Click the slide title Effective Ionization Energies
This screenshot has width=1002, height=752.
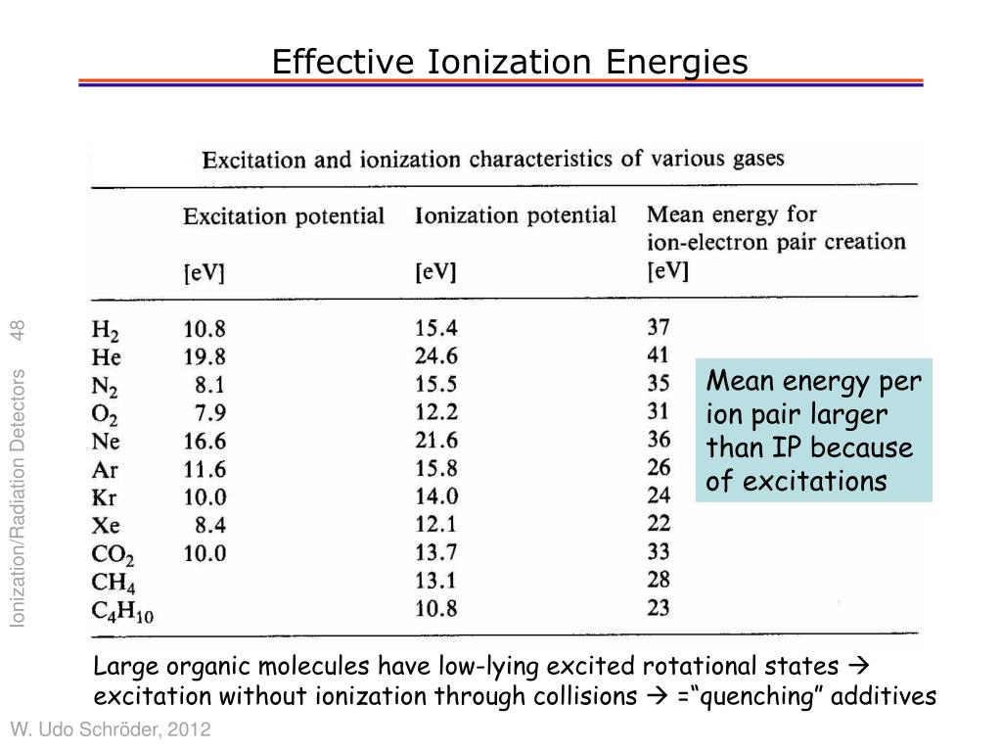tap(509, 62)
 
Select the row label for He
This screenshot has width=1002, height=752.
tap(106, 356)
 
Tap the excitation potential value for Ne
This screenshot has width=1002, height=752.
tap(205, 442)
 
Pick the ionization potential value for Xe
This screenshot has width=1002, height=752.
tap(435, 525)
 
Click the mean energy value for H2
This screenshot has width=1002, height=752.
tap(659, 327)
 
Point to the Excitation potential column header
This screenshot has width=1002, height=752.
tap(284, 216)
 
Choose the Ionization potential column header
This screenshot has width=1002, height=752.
tap(516, 215)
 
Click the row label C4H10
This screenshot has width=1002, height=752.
tap(122, 611)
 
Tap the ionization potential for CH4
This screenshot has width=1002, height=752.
tap(435, 581)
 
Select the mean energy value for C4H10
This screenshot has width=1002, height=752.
tap(659, 607)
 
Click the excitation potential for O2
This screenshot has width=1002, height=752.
tap(210, 413)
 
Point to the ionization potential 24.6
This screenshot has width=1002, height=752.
tap(435, 355)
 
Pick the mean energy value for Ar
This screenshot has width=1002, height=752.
tap(659, 467)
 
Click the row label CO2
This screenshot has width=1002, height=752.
tap(113, 554)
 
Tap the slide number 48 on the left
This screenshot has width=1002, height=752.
tap(18, 331)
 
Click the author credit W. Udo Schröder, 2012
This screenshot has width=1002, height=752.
tap(111, 728)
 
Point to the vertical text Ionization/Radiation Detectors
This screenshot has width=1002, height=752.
tap(18, 498)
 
